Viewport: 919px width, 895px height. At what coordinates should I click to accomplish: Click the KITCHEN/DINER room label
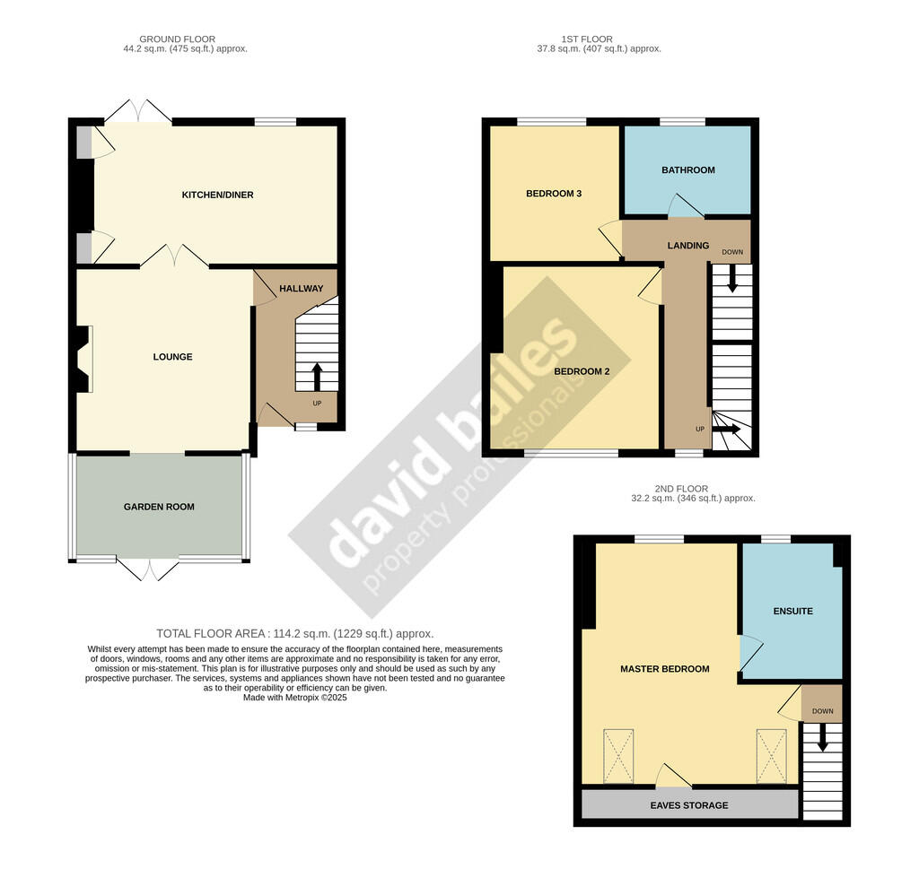[217, 195]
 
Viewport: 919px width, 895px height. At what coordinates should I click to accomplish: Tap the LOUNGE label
[172, 357]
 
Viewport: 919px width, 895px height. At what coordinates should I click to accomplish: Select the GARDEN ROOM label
[159, 507]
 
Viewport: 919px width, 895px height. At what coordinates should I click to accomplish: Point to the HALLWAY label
[302, 288]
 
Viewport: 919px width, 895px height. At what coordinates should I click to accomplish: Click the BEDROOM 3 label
[554, 194]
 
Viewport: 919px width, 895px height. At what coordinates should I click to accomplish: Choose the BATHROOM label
[688, 169]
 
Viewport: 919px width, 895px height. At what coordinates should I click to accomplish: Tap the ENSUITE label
[793, 611]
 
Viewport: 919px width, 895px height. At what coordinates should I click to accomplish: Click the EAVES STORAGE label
[689, 805]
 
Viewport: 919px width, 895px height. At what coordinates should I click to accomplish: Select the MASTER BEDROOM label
[665, 669]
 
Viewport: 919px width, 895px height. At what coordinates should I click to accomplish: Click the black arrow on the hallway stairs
[317, 377]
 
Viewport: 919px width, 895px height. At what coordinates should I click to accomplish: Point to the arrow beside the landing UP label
[726, 429]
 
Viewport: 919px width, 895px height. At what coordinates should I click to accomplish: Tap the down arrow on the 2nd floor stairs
[822, 737]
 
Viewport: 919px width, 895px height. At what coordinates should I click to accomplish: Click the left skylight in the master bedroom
[618, 756]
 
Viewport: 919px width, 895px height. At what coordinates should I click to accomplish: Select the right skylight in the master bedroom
[771, 756]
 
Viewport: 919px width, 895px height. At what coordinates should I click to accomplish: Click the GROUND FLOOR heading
[177, 39]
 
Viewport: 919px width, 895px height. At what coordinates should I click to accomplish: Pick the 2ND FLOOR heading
[681, 489]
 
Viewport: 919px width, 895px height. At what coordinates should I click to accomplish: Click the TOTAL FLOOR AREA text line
[294, 633]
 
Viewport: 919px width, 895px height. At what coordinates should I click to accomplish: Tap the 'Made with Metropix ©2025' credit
[294, 698]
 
